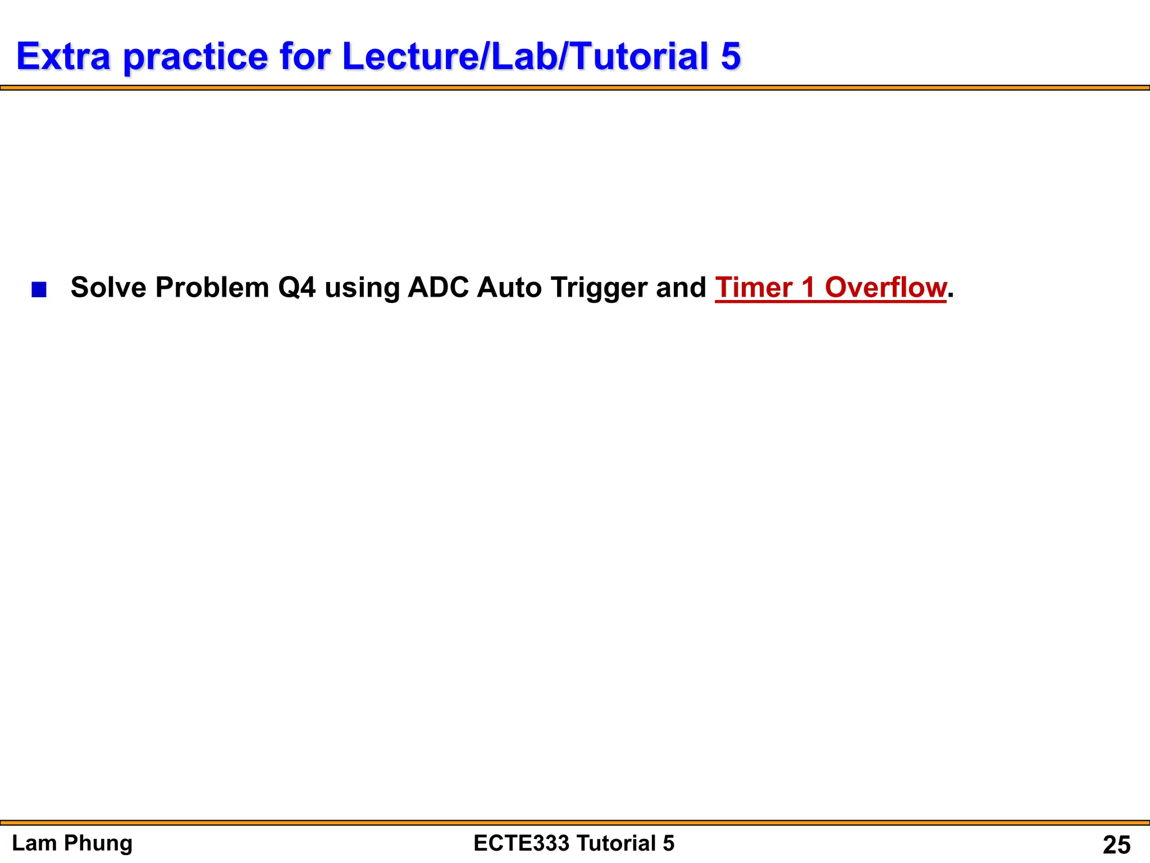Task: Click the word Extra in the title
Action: pos(63,56)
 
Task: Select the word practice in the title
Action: pos(195,57)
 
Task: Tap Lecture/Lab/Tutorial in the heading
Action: pos(526,56)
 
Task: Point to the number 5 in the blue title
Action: pos(731,56)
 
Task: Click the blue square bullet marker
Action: pos(39,290)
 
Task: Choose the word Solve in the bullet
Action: pos(108,287)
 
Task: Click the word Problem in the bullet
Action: pos(212,287)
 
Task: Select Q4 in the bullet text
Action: pos(297,287)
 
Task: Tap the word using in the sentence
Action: pos(362,288)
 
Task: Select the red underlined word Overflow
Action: pos(886,287)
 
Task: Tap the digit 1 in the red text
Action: pos(808,287)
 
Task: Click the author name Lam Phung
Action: pos(72,843)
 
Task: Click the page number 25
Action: pos(1116,844)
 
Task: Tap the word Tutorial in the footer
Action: pos(615,843)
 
